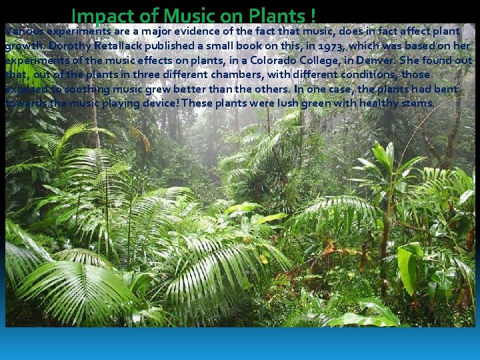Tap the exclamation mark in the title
[x=313, y=15]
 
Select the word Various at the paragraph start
[x=22, y=31]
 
